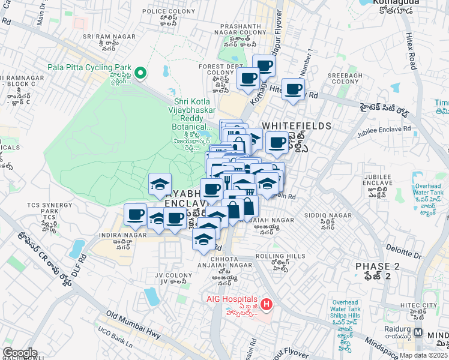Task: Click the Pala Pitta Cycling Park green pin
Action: tap(140, 73)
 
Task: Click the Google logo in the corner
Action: tap(20, 353)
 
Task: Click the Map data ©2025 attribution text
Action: tap(424, 355)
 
